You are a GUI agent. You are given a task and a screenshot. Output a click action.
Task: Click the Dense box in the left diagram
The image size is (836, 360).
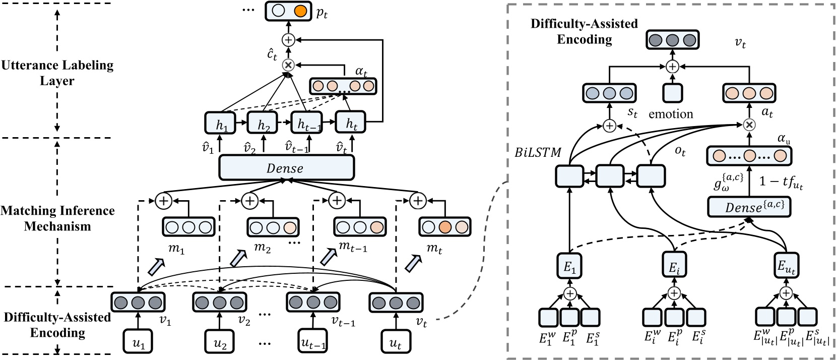tap(286, 167)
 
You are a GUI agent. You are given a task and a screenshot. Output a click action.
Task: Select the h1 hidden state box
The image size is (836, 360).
tap(221, 124)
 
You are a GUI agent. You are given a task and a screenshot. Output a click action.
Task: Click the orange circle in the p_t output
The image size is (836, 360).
tap(300, 11)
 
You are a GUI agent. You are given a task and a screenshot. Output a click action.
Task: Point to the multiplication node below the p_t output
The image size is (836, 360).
tap(288, 65)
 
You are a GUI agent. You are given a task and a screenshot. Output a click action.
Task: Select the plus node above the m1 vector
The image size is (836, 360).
tap(163, 201)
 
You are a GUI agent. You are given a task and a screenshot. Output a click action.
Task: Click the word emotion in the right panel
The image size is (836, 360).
tap(671, 114)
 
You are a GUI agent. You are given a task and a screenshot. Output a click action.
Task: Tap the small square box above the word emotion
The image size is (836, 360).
tap(672, 93)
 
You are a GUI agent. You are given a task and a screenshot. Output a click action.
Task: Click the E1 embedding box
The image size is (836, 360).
tap(569, 266)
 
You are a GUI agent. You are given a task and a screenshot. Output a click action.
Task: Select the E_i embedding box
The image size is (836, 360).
tap(674, 266)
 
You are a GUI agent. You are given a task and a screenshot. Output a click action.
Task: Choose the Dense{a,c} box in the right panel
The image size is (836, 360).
tap(749, 206)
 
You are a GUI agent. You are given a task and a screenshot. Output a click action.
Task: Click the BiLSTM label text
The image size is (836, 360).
tap(538, 152)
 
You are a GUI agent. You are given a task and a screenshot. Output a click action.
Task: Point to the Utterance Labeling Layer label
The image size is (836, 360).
tap(57, 73)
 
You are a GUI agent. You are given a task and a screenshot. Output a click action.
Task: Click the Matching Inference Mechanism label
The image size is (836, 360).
tap(57, 218)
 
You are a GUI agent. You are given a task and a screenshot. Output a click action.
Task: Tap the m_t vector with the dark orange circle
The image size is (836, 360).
tap(444, 227)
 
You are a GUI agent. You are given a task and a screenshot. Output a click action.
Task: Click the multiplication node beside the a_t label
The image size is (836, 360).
tap(749, 125)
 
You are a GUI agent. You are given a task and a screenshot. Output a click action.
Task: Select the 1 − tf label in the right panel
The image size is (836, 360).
tap(781, 182)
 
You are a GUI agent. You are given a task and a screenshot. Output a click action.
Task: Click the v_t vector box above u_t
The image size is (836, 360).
tap(396, 303)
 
